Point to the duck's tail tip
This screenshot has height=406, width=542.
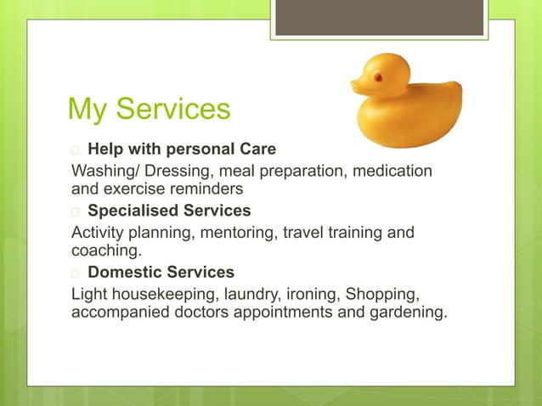tap(458, 86)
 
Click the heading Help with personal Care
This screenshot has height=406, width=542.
tap(182, 149)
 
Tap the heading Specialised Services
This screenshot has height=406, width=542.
tap(169, 211)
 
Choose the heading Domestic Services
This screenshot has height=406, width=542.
tap(161, 273)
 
